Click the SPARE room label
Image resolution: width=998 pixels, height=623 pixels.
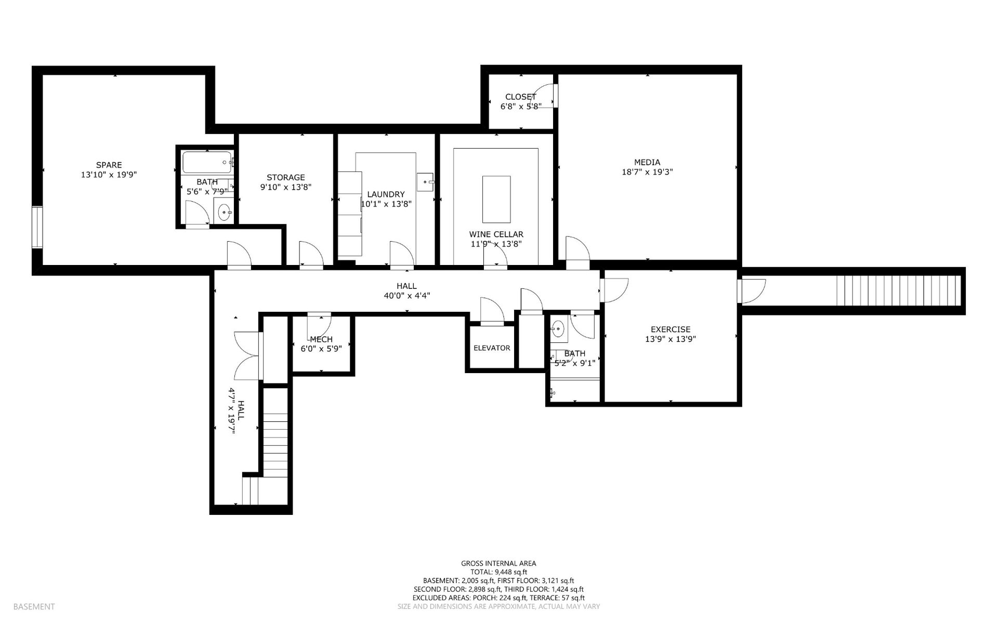pyautogui.click(x=109, y=165)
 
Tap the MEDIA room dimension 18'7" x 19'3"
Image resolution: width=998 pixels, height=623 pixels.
pyautogui.click(x=647, y=172)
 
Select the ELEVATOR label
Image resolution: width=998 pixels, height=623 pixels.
pyautogui.click(x=492, y=348)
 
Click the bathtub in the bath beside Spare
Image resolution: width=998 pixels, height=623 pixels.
pyautogui.click(x=207, y=162)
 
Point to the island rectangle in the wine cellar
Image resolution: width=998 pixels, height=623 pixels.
pyautogui.click(x=496, y=200)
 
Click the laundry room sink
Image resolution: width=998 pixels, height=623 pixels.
pyautogui.click(x=425, y=182)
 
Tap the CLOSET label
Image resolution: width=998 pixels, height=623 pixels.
pyautogui.click(x=520, y=97)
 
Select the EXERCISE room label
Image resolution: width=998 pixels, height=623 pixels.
pyautogui.click(x=671, y=329)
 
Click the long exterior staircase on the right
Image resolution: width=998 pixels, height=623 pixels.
pyautogui.click(x=899, y=291)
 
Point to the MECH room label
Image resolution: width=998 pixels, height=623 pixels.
pyautogui.click(x=321, y=339)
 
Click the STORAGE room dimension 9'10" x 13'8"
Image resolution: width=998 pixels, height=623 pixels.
pyautogui.click(x=286, y=187)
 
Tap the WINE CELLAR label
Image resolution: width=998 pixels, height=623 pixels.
pyautogui.click(x=496, y=234)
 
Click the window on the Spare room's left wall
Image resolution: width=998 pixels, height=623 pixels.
pyautogui.click(x=37, y=228)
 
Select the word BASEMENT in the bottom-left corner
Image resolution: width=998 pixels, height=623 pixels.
pyautogui.click(x=34, y=606)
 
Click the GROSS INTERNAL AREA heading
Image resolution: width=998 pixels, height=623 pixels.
pyautogui.click(x=498, y=563)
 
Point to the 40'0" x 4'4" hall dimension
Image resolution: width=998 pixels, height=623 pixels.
pyautogui.click(x=407, y=296)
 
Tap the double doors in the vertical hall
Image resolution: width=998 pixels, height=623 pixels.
pyautogui.click(x=247, y=356)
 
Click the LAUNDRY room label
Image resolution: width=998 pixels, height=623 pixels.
pyautogui.click(x=386, y=194)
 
